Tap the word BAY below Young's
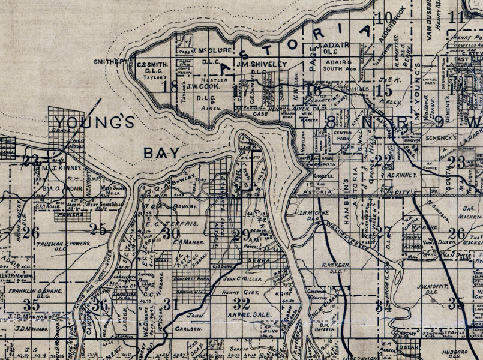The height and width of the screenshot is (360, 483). (161, 154)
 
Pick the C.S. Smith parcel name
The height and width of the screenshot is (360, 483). (150, 63)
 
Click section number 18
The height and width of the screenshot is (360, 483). (170, 86)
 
